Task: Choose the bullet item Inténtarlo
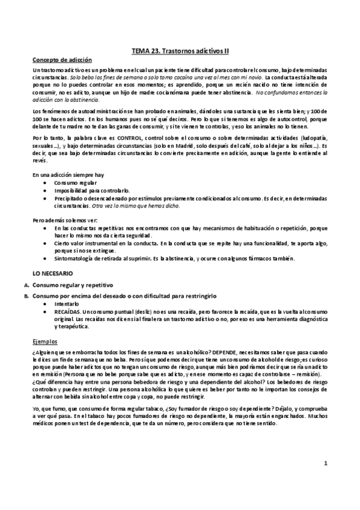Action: pos(67,304)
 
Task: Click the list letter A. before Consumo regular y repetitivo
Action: pos(26,284)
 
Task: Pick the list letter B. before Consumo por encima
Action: pos(26,296)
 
